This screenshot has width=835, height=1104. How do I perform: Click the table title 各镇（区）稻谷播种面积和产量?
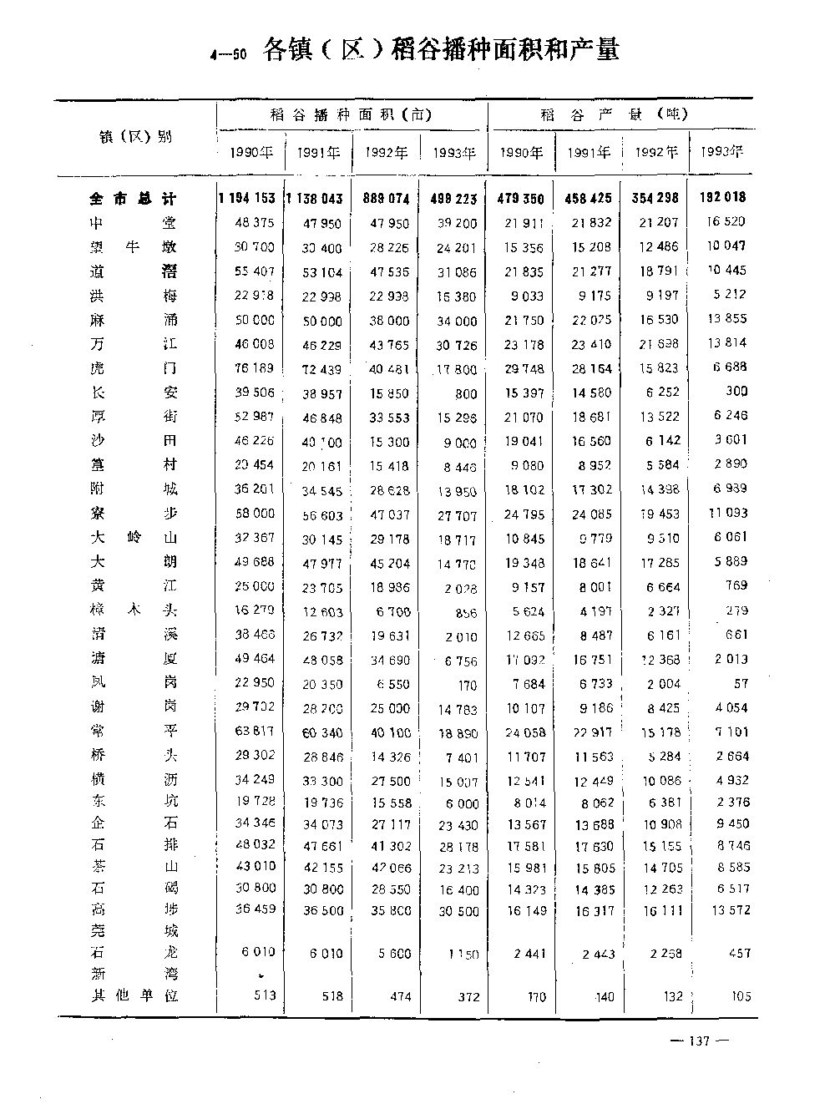[440, 51]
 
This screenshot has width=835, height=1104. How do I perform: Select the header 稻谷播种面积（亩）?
[351, 115]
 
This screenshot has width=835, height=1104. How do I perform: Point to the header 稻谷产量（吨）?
[614, 114]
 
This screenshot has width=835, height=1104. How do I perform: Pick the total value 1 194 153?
[246, 198]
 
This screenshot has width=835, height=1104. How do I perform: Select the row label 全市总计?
[134, 199]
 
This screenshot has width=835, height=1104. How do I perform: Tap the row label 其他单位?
[134, 995]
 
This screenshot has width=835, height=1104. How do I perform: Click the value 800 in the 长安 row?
[467, 393]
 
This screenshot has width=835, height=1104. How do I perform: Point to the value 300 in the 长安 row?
[736, 391]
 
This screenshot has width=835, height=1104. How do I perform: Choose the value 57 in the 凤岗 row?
[740, 683]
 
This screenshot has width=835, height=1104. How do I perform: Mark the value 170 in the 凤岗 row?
[467, 686]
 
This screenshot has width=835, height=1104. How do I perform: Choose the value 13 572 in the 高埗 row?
[730, 909]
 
